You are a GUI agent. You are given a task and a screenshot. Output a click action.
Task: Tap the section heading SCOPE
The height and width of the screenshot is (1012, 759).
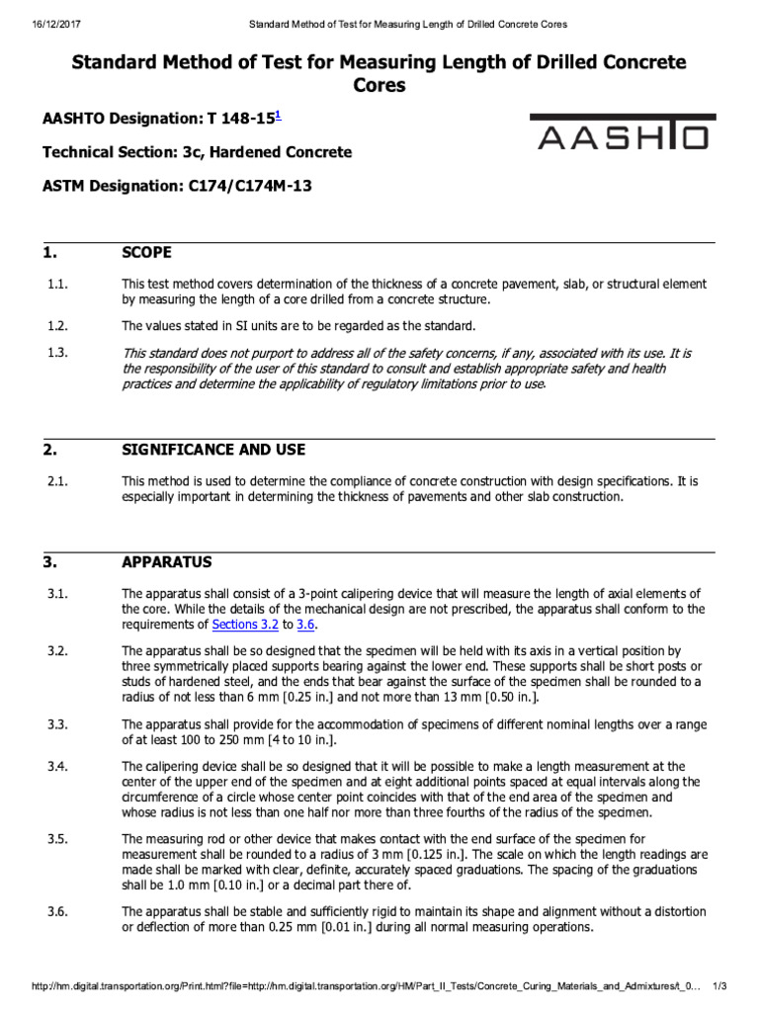click(x=146, y=252)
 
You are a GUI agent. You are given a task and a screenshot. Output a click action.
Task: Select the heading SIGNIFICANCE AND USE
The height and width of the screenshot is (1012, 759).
click(x=213, y=450)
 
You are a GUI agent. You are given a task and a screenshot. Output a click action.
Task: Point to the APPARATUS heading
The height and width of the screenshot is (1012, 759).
click(x=166, y=562)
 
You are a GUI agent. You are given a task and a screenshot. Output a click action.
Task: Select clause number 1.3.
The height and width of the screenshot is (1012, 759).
click(x=57, y=353)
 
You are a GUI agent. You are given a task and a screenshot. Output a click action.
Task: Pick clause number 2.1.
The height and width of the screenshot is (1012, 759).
click(x=56, y=481)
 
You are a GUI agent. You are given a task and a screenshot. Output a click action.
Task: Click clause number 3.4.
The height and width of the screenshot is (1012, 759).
click(x=57, y=766)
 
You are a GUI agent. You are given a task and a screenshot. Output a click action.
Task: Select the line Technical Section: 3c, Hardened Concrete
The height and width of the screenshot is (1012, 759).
click(x=197, y=152)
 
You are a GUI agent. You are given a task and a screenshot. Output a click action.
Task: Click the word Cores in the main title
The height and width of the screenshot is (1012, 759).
click(x=379, y=86)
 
